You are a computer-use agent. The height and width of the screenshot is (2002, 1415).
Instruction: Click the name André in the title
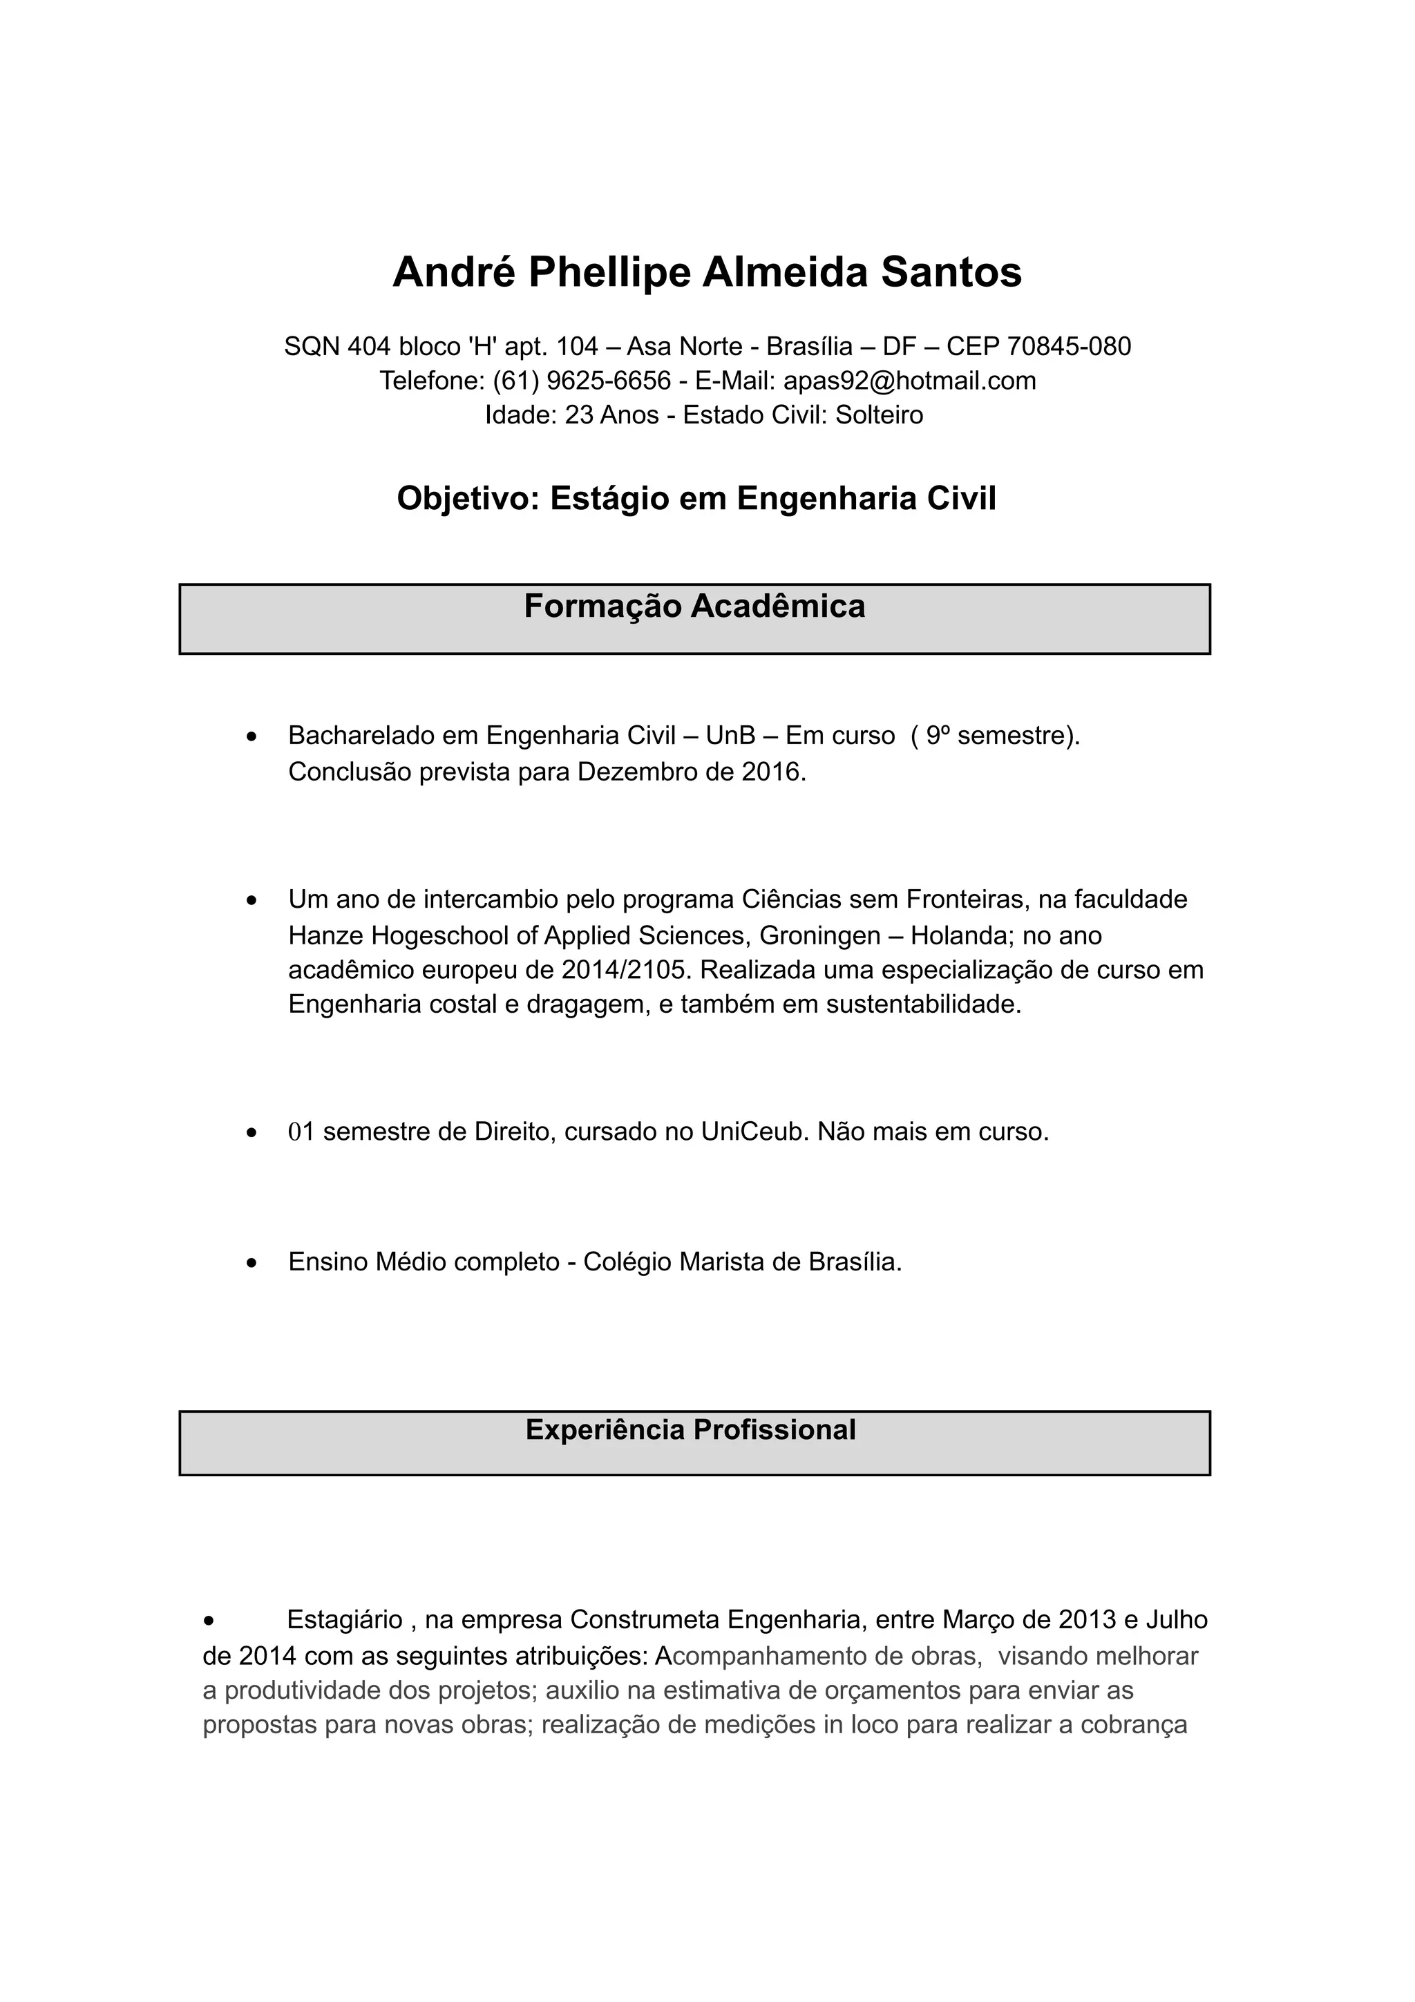(453, 272)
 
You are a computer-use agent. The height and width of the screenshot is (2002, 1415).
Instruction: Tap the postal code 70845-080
(1069, 347)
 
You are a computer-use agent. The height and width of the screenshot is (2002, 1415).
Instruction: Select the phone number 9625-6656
(609, 381)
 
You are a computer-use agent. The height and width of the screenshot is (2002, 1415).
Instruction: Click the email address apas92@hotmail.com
(909, 381)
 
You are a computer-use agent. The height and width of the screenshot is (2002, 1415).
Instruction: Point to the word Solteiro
(879, 415)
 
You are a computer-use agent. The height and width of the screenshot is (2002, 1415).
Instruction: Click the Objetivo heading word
(468, 499)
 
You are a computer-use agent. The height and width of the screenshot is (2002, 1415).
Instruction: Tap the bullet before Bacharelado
(252, 738)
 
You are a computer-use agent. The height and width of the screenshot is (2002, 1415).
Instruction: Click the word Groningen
(819, 935)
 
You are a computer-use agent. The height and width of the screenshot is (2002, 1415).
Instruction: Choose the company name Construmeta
(645, 1620)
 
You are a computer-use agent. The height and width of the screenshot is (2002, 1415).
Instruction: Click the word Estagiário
(344, 1620)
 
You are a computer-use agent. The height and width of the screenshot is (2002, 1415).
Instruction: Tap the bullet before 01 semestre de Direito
(252, 1134)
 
